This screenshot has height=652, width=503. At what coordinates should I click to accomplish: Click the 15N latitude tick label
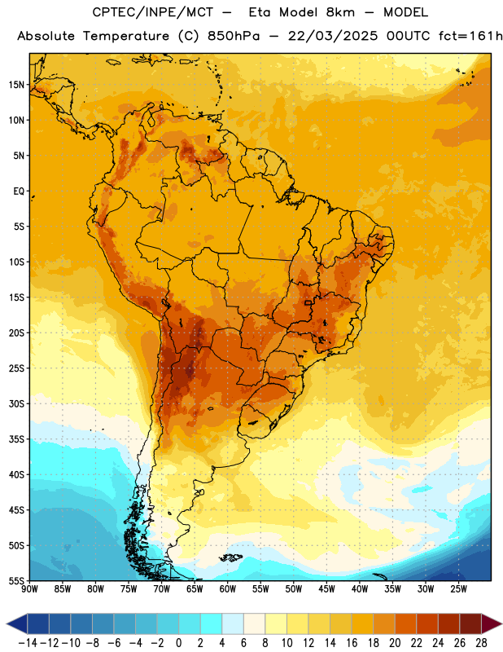[16, 85]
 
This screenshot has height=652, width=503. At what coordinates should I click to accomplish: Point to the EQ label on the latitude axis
[19, 192]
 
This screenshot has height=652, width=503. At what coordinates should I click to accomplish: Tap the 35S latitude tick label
[16, 439]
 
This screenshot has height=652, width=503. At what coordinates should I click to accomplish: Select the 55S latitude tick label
[16, 581]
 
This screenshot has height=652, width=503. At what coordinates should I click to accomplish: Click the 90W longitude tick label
[30, 589]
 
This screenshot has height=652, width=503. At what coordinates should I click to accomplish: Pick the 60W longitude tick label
[228, 589]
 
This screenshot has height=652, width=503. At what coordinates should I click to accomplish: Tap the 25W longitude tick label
[458, 589]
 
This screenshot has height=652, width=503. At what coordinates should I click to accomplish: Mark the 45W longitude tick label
[326, 589]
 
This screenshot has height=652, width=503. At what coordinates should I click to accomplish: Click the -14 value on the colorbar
[28, 643]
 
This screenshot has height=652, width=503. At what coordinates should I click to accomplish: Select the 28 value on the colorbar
[481, 643]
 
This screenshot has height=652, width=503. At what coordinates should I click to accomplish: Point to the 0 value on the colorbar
[178, 643]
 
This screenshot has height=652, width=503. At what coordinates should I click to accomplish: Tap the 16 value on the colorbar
[352, 643]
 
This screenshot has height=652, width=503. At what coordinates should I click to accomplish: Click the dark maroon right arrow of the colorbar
[492, 624]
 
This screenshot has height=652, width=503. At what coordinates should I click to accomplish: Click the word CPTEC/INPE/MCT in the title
[153, 12]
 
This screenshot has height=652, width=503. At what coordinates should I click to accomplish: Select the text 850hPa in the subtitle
[234, 36]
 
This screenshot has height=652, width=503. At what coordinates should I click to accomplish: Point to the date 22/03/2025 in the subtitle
[333, 36]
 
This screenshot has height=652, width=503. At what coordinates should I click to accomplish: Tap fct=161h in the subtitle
[470, 36]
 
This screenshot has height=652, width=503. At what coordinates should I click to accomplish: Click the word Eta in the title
[260, 12]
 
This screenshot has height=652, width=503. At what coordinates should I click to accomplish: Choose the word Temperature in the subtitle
[126, 37]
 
